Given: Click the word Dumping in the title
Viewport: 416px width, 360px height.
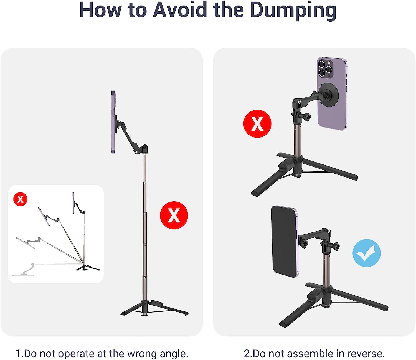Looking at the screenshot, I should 293,11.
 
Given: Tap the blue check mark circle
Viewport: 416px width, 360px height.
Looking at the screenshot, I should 366,253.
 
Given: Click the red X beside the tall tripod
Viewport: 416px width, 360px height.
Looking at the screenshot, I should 174,215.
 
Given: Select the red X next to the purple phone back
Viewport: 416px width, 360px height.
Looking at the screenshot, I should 257,124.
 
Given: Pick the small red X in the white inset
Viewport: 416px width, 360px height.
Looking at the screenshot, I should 20,199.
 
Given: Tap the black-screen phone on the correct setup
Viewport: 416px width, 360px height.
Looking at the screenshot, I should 284,241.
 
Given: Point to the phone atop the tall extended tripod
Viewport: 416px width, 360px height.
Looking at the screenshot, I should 113,122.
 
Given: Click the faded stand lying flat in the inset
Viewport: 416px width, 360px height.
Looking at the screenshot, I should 25,270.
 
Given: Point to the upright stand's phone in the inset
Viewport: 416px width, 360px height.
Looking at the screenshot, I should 73,203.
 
